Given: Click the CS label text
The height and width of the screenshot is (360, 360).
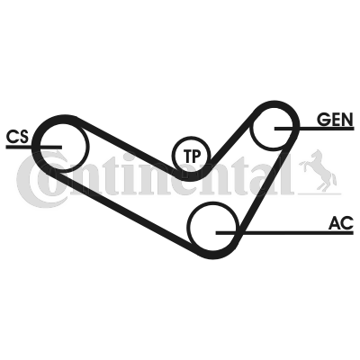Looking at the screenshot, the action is (17, 137).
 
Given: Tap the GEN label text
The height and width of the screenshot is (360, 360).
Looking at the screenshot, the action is (336, 120).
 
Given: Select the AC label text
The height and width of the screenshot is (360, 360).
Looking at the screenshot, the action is (341, 223).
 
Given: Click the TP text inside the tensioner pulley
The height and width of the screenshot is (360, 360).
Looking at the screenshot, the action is (192, 156).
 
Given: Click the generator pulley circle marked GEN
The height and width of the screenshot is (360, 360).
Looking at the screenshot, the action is (253, 129).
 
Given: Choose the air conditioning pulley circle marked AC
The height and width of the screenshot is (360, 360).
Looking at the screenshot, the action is (189, 227).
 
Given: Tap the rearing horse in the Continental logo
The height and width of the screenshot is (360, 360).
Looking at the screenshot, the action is (319, 170).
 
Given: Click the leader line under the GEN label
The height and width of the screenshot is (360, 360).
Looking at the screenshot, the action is (314, 129).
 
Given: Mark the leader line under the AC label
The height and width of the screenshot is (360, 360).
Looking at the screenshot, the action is (284, 233).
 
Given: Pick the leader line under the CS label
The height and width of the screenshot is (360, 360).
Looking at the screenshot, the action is (33, 147).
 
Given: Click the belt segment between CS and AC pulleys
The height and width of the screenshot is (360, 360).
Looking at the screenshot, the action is (123, 210).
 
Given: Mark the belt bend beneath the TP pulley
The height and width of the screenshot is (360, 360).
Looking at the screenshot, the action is (192, 176).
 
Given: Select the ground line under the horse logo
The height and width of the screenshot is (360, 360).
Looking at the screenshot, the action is (319, 193).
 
